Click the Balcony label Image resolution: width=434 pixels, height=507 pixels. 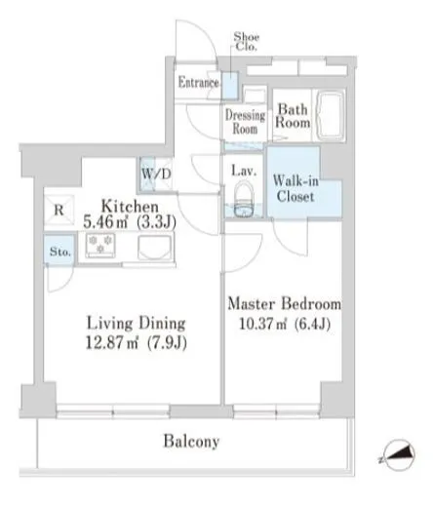click(x=191, y=442)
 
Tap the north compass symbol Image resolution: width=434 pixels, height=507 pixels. click(x=399, y=454)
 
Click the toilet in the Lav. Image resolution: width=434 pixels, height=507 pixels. click(x=244, y=199)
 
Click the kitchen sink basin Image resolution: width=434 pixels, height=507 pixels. click(x=154, y=248)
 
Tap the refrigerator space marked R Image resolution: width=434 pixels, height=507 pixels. click(x=59, y=210)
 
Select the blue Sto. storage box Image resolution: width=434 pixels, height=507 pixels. click(x=59, y=250)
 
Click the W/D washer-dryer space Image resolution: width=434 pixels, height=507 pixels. click(x=156, y=174)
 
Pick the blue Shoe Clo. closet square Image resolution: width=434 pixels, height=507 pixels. click(x=230, y=86)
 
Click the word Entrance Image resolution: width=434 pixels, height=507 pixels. click(x=198, y=82)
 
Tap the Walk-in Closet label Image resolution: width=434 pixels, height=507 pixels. click(x=296, y=188)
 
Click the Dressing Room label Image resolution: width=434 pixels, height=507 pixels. click(x=245, y=122)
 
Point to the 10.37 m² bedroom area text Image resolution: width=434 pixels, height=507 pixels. click(x=285, y=324)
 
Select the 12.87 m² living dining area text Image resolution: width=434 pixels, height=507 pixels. click(x=137, y=342)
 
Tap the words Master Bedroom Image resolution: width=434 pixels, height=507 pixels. click(x=285, y=303)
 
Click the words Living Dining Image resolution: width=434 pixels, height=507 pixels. click(x=137, y=323)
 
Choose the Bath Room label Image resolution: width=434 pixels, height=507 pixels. click(x=293, y=116)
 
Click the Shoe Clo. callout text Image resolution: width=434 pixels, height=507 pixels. click(x=247, y=42)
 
